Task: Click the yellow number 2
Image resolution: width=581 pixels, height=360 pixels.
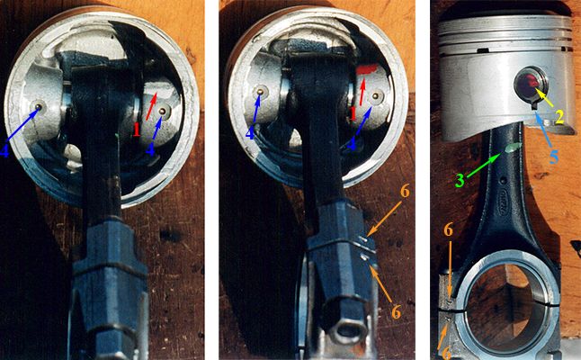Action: [x=559, y=116]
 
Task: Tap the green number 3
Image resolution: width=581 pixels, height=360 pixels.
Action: [x=460, y=181]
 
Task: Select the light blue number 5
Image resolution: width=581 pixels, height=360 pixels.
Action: [x=554, y=157]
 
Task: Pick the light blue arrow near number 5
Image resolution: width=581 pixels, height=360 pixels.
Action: [x=542, y=131]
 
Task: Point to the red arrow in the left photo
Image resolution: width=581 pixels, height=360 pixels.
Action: [x=152, y=106]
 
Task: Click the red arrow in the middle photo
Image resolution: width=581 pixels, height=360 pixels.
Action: [x=362, y=90]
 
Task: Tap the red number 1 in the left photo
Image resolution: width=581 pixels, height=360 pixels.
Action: [x=137, y=130]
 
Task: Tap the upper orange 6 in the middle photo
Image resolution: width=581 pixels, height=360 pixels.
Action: [x=405, y=192]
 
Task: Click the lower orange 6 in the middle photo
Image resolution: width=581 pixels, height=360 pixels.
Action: [x=396, y=312]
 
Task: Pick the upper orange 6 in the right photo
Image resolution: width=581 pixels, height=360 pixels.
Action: [x=449, y=230]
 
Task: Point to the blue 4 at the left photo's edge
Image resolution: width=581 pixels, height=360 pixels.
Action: [x=4, y=150]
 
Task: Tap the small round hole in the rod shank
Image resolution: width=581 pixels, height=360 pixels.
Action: [x=503, y=181]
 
